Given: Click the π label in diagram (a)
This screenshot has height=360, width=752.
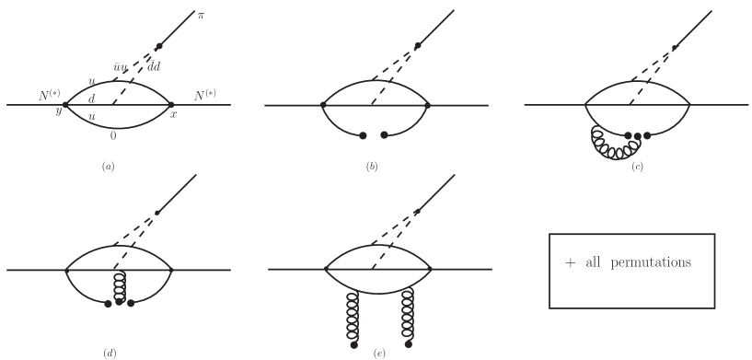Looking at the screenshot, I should [x=202, y=15].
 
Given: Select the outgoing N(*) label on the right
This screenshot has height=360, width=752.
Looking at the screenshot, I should [x=206, y=95].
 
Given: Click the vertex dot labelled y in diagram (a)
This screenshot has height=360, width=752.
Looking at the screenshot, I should [x=65, y=105].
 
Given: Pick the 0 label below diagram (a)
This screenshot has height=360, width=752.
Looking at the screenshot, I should [x=113, y=134].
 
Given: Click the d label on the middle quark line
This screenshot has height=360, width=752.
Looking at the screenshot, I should [x=91, y=99].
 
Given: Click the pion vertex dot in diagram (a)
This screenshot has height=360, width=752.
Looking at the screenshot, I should [x=160, y=45].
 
